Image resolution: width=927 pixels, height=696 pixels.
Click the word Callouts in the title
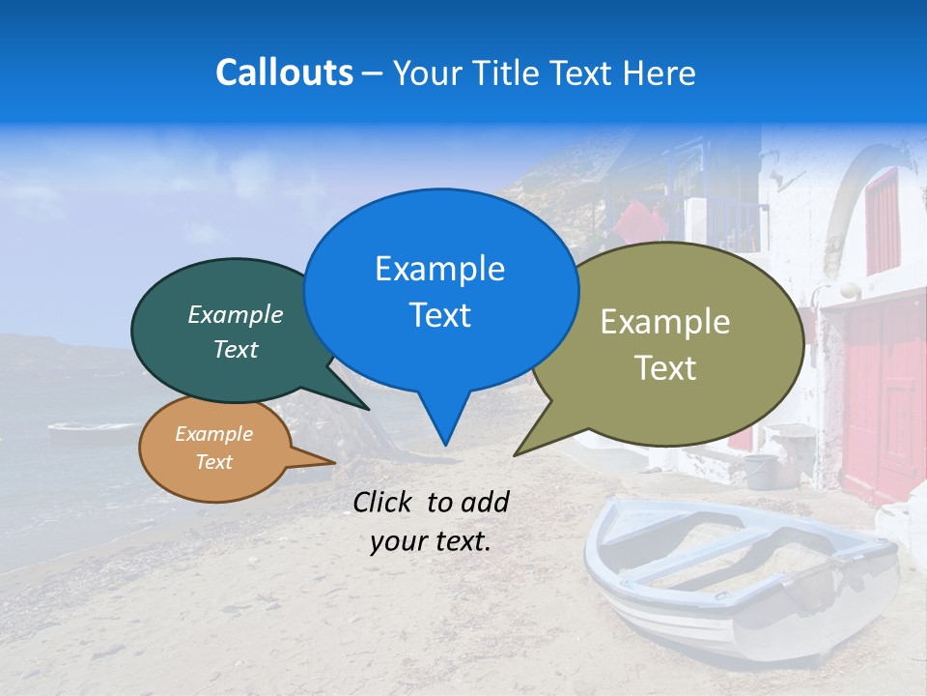pos(284,72)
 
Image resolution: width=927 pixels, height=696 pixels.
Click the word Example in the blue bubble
pos(439,269)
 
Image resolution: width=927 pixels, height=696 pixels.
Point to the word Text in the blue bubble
pos(439,315)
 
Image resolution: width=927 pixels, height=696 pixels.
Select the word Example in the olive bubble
pos(665,322)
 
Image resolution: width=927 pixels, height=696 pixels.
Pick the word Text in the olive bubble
pos(665,368)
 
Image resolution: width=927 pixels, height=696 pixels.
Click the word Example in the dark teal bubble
pos(236,314)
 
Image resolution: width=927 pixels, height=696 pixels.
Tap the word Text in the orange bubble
pos(214,462)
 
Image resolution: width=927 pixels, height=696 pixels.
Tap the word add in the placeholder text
pos(485,502)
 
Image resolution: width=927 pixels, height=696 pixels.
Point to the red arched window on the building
pos(883,222)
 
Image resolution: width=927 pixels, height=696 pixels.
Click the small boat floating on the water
pos(92,431)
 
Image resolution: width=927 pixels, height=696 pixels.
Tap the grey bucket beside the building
pos(760,470)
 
